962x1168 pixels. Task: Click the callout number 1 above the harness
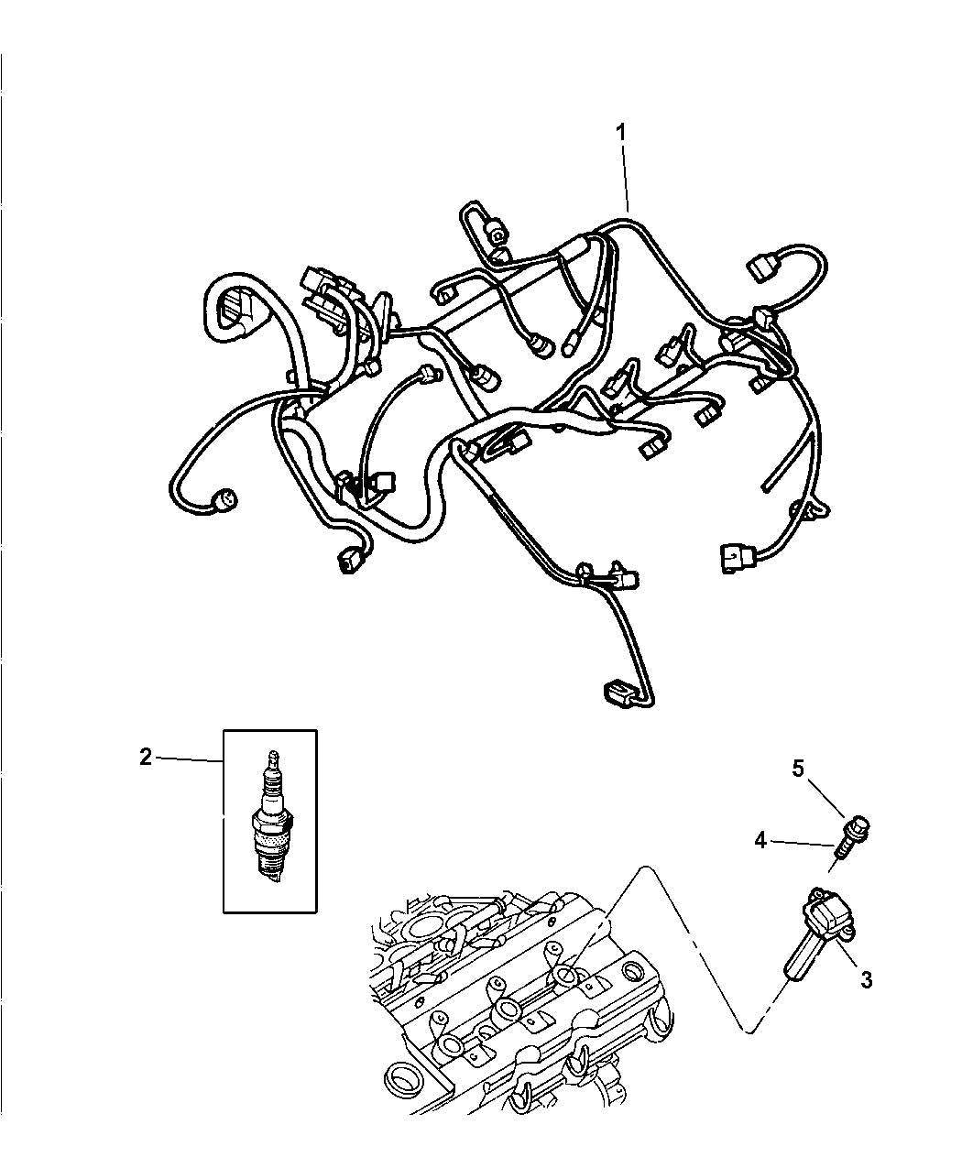tap(620, 133)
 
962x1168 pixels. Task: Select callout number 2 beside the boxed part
tap(146, 757)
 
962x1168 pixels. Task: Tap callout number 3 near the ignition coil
tap(866, 979)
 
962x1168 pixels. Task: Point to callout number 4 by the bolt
tap(760, 856)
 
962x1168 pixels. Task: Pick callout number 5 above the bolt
tap(797, 769)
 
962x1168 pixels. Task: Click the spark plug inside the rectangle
tap(272, 817)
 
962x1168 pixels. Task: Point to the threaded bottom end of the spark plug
tap(272, 870)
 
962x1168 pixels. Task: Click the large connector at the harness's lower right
tap(738, 558)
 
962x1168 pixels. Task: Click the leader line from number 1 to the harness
tap(624, 178)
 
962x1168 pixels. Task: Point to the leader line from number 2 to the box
tap(188, 759)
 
